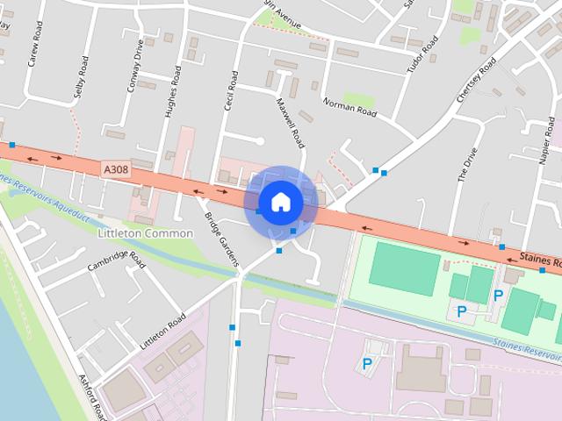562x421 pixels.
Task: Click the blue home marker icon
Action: (280, 203)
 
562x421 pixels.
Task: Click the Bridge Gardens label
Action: (220, 239)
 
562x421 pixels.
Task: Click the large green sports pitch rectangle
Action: (403, 268)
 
